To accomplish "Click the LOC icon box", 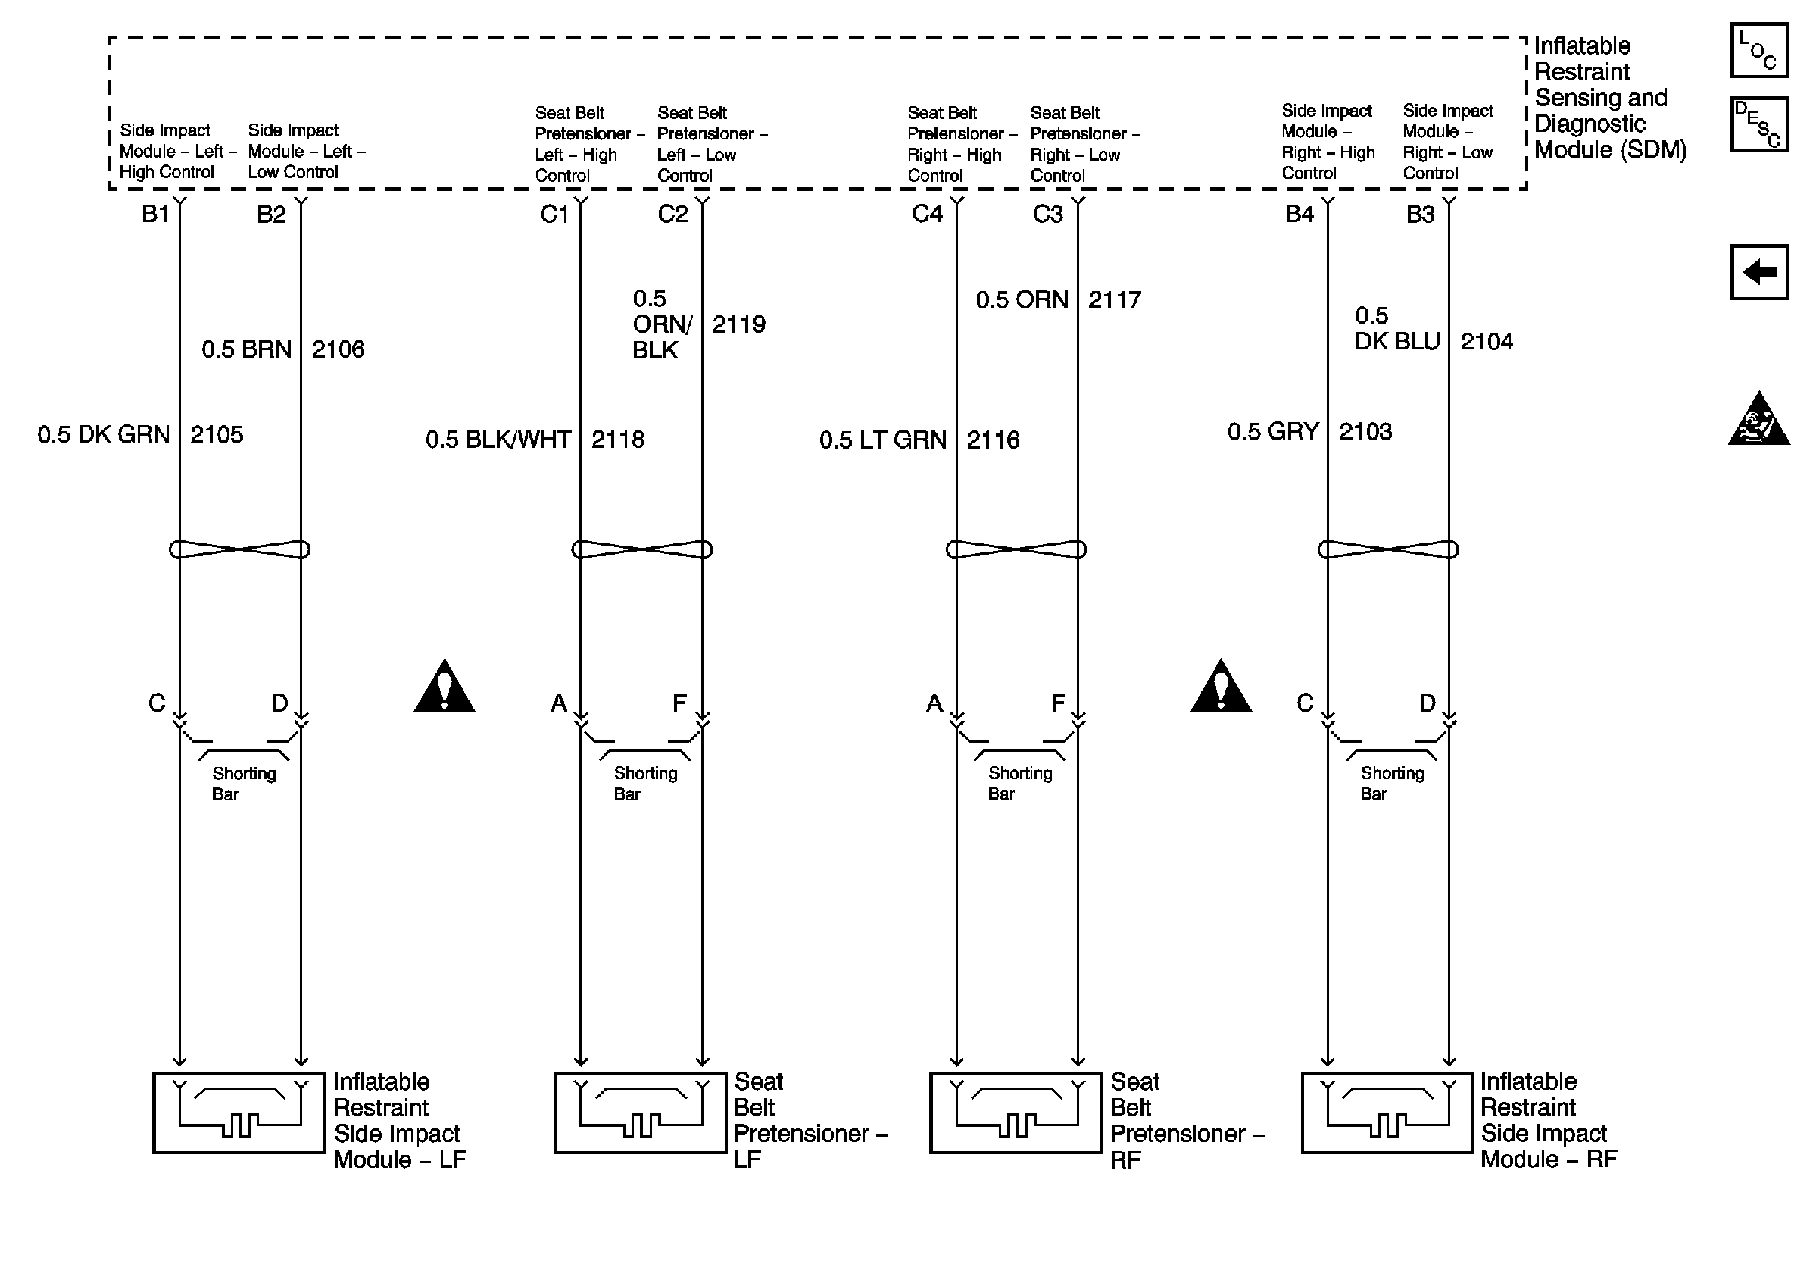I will point(1758,51).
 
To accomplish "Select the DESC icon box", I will point(1758,124).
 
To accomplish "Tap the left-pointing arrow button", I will point(1758,272).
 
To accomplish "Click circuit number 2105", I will point(217,434).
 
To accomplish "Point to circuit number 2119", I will point(738,324).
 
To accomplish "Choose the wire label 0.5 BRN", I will point(246,349).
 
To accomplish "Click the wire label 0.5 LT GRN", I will point(882,440).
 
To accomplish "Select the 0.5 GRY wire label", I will point(1273,432).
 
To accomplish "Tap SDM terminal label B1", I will point(155,214).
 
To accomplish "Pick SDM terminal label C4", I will point(927,214).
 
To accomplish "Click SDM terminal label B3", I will point(1421,214).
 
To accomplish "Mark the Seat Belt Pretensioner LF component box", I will point(640,1113).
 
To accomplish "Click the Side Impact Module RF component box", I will point(1387,1113).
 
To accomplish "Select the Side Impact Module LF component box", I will point(239,1113).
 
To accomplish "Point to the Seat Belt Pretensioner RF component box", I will point(1016,1113).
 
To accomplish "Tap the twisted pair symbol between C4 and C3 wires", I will point(1016,549).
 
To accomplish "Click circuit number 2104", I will point(1487,342).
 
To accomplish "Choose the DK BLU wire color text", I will point(1396,342).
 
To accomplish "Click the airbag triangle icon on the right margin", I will point(1758,420).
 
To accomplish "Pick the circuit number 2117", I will point(1114,300).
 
